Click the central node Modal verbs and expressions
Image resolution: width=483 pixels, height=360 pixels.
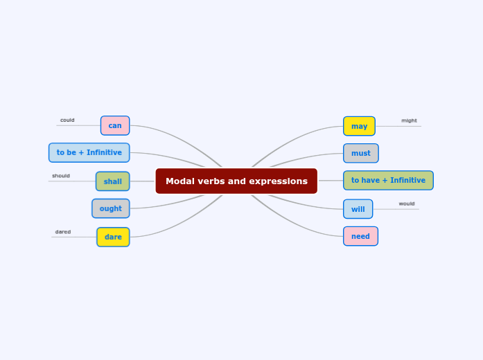point(236,181)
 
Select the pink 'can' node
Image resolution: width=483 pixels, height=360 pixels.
point(115,125)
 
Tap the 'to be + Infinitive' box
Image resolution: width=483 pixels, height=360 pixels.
point(89,152)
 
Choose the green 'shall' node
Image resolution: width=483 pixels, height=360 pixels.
point(112,181)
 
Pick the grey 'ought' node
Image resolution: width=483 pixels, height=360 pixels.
point(110,208)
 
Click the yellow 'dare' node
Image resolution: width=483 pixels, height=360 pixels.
point(113,237)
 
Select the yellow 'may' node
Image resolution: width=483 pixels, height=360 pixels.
point(359,126)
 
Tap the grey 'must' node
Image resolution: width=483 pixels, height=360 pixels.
point(360,153)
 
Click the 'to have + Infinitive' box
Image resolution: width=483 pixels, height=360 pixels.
point(388,181)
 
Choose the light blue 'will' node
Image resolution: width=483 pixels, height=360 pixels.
point(358,209)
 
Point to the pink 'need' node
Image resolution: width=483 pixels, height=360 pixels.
point(360,236)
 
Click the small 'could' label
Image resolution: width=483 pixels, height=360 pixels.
point(67,120)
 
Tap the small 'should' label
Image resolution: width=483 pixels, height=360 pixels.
point(61,176)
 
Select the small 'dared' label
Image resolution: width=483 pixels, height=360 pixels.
point(63,232)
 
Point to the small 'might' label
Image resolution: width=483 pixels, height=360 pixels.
point(409,120)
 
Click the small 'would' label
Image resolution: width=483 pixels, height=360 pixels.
point(407,204)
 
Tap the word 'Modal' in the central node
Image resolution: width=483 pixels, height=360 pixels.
point(180,181)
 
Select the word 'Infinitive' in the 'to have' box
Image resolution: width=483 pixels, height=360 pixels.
point(407,181)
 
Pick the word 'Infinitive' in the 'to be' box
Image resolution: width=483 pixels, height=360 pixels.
point(103,152)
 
